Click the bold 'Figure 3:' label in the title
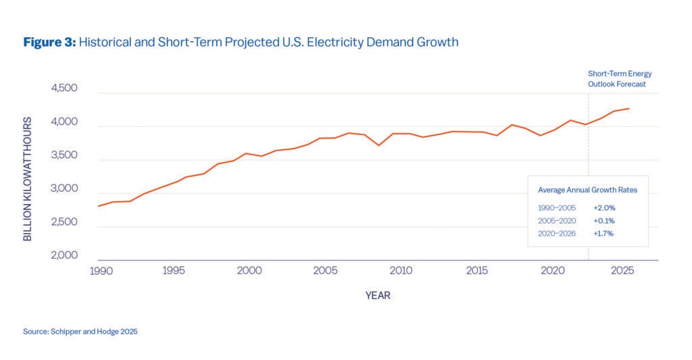tap(49, 43)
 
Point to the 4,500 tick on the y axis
tap(64, 88)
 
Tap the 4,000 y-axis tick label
tap(64, 122)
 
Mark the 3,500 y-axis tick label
tap(64, 155)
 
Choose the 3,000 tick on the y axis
tap(64, 189)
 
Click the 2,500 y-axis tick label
tap(64, 222)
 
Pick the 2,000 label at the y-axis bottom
tap(64, 256)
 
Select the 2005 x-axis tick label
tap(325, 271)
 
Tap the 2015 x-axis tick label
tap(477, 271)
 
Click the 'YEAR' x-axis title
tap(378, 295)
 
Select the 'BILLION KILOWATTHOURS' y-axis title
tap(28, 178)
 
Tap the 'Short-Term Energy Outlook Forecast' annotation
tap(619, 79)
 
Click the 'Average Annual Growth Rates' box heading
tap(587, 190)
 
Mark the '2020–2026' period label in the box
tap(557, 234)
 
